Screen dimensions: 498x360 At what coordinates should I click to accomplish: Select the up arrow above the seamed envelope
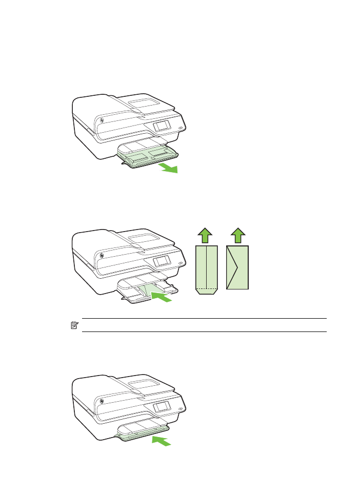[x=205, y=235]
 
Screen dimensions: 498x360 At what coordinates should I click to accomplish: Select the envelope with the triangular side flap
[x=238, y=267]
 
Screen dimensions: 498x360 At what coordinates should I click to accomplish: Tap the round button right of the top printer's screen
[x=180, y=128]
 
